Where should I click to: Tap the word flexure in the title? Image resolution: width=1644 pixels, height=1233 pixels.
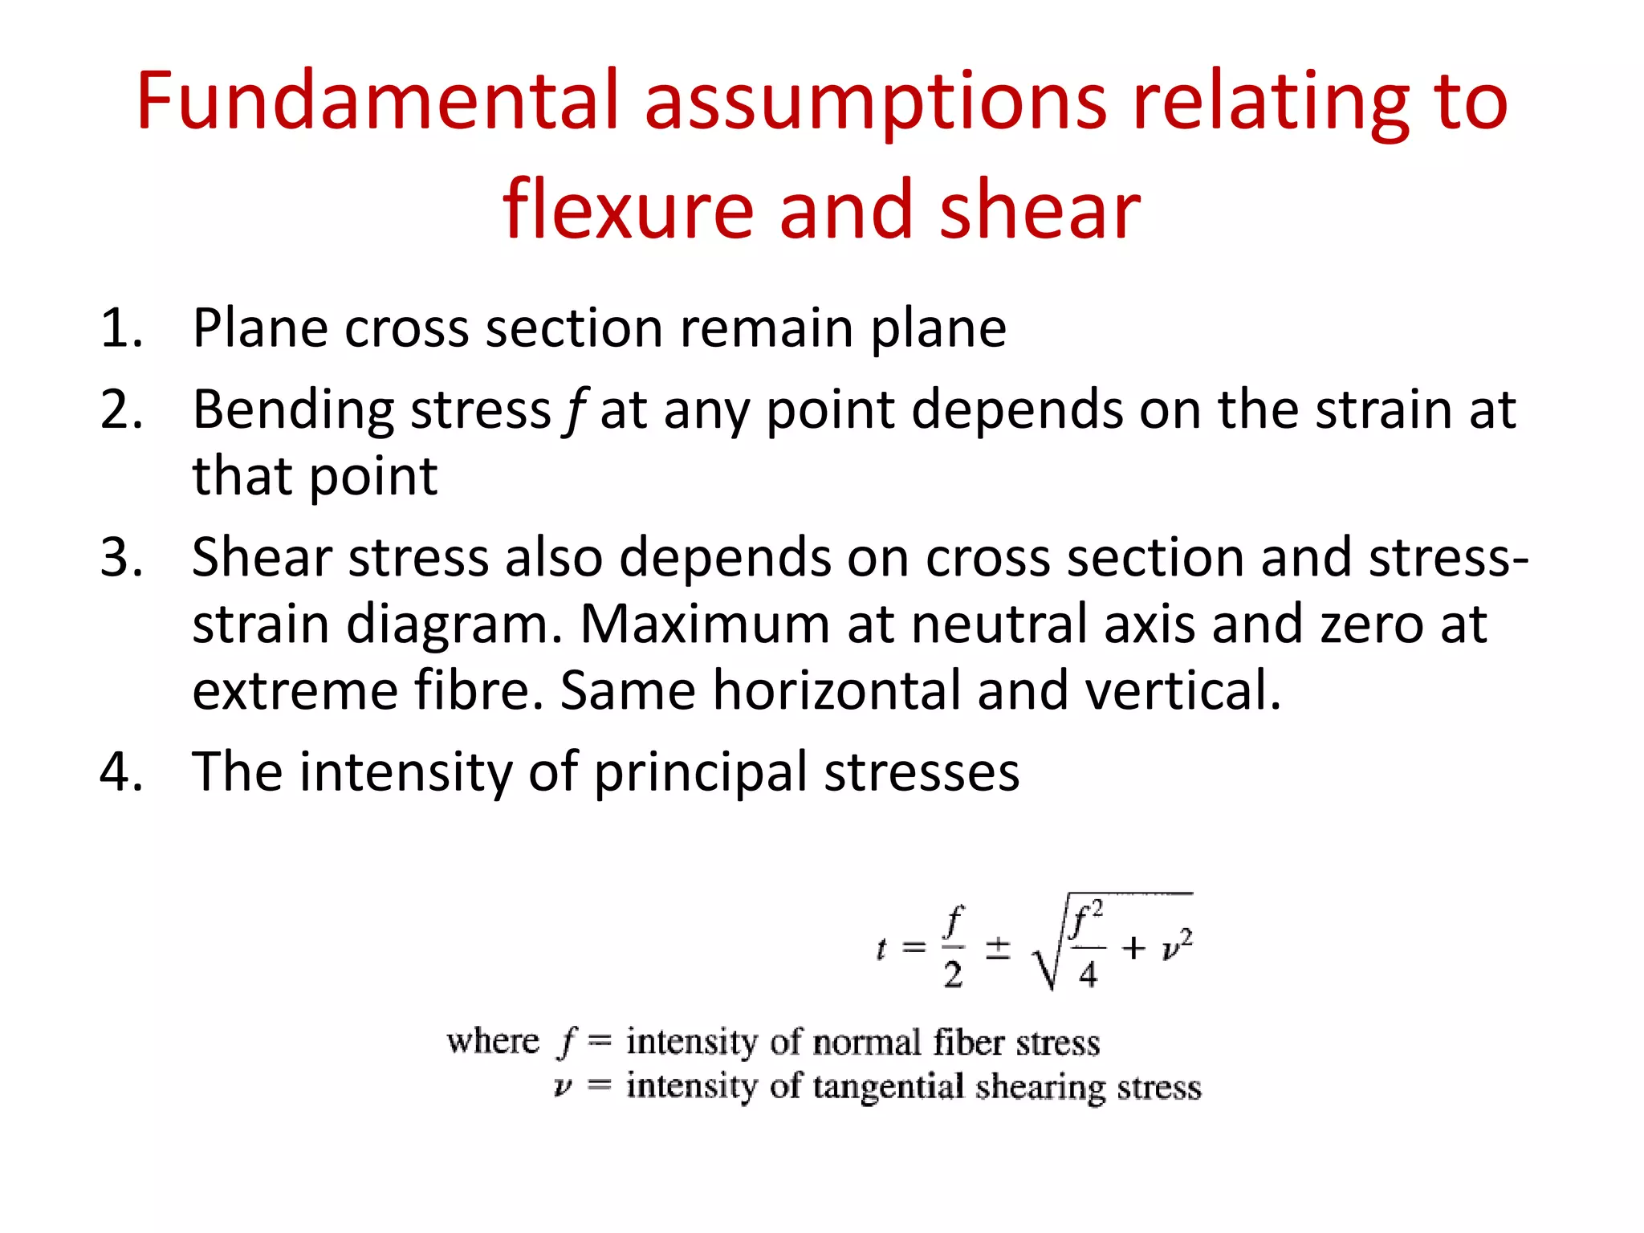(628, 210)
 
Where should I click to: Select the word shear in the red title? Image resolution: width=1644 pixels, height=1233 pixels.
(1040, 210)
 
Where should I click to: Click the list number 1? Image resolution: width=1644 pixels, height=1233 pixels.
(121, 329)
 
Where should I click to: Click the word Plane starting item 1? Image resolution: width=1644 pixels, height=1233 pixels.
(260, 329)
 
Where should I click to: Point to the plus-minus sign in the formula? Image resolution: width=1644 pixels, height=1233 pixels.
(998, 948)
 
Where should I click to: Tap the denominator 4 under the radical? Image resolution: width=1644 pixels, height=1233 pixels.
(1088, 975)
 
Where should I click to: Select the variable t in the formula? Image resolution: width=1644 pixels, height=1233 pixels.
(882, 950)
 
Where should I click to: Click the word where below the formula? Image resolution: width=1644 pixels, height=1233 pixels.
(493, 1042)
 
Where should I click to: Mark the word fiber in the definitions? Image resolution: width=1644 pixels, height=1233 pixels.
(968, 1043)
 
